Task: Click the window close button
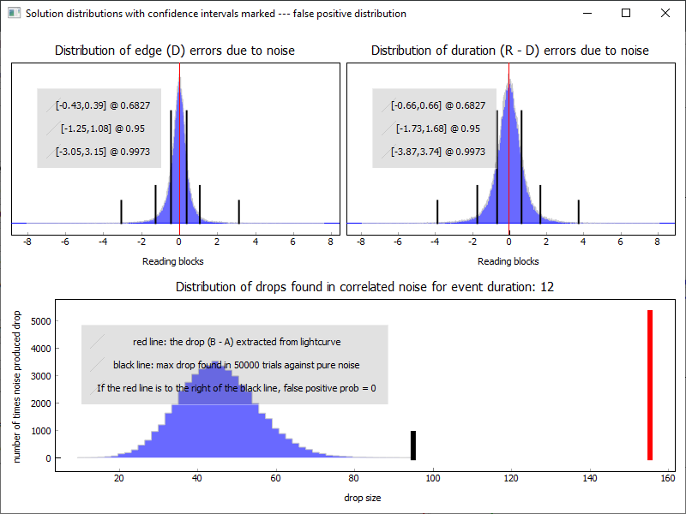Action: click(665, 13)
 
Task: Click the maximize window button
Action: click(626, 13)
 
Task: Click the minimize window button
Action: click(587, 13)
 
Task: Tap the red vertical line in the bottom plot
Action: click(650, 385)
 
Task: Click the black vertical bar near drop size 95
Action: click(412, 445)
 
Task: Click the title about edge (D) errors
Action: click(175, 51)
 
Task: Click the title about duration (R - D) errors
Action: click(509, 51)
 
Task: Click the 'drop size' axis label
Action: click(362, 497)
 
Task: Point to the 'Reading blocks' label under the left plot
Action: click(172, 261)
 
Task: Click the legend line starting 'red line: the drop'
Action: click(238, 342)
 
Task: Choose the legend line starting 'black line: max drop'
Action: click(236, 365)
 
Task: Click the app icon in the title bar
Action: click(13, 14)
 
